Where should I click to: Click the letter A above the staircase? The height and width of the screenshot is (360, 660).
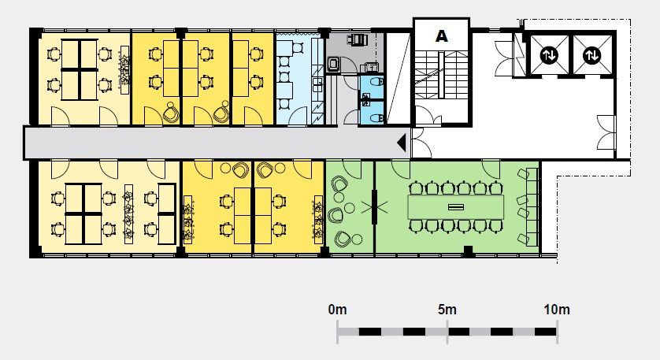[442, 36]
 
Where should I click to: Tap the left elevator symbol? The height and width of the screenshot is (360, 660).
[549, 55]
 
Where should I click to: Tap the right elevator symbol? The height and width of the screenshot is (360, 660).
[591, 55]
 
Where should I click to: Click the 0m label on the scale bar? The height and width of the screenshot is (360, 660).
[338, 310]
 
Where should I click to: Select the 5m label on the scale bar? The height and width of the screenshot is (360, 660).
[447, 310]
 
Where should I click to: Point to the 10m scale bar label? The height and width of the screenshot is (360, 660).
[557, 310]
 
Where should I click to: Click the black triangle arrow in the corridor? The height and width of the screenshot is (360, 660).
[402, 143]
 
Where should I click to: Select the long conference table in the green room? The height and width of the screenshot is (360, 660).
[456, 206]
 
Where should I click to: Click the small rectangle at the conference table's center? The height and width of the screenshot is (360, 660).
[456, 206]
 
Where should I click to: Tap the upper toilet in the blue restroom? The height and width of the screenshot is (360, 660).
[376, 81]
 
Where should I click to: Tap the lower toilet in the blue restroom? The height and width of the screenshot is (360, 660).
[376, 118]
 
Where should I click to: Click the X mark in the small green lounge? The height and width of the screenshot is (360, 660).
[374, 206]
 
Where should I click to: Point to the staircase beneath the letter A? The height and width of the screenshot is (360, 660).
[442, 75]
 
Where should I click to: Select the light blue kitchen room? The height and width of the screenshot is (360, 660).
[300, 78]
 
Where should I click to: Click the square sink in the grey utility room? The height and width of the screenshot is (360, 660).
[334, 64]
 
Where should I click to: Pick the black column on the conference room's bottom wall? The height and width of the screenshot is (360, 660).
[468, 251]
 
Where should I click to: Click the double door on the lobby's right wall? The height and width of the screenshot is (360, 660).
[606, 132]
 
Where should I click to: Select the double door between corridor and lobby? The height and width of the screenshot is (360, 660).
[421, 143]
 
